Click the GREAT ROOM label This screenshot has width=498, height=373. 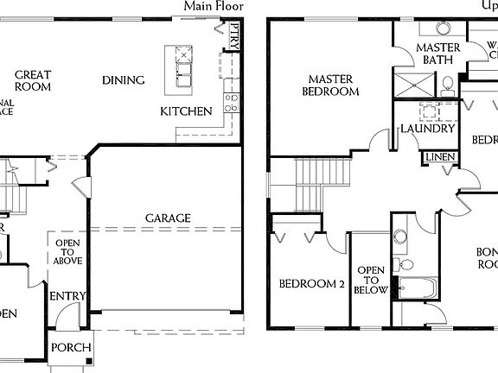[33, 81]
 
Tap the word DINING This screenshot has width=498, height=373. [123, 80]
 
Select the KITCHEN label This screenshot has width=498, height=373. [186, 111]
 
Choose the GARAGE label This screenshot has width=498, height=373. [168, 218]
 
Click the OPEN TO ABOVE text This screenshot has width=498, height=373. [67, 251]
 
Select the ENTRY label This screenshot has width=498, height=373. [67, 296]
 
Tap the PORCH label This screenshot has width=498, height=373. [70, 348]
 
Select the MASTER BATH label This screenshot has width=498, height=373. [437, 54]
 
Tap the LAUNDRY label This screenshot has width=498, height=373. [427, 129]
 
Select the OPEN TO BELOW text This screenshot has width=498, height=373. [371, 280]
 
